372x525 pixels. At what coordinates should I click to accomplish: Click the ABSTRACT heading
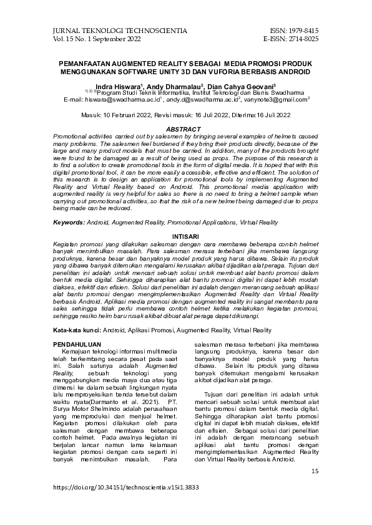point(185,128)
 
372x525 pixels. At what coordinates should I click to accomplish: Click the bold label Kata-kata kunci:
point(77,329)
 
